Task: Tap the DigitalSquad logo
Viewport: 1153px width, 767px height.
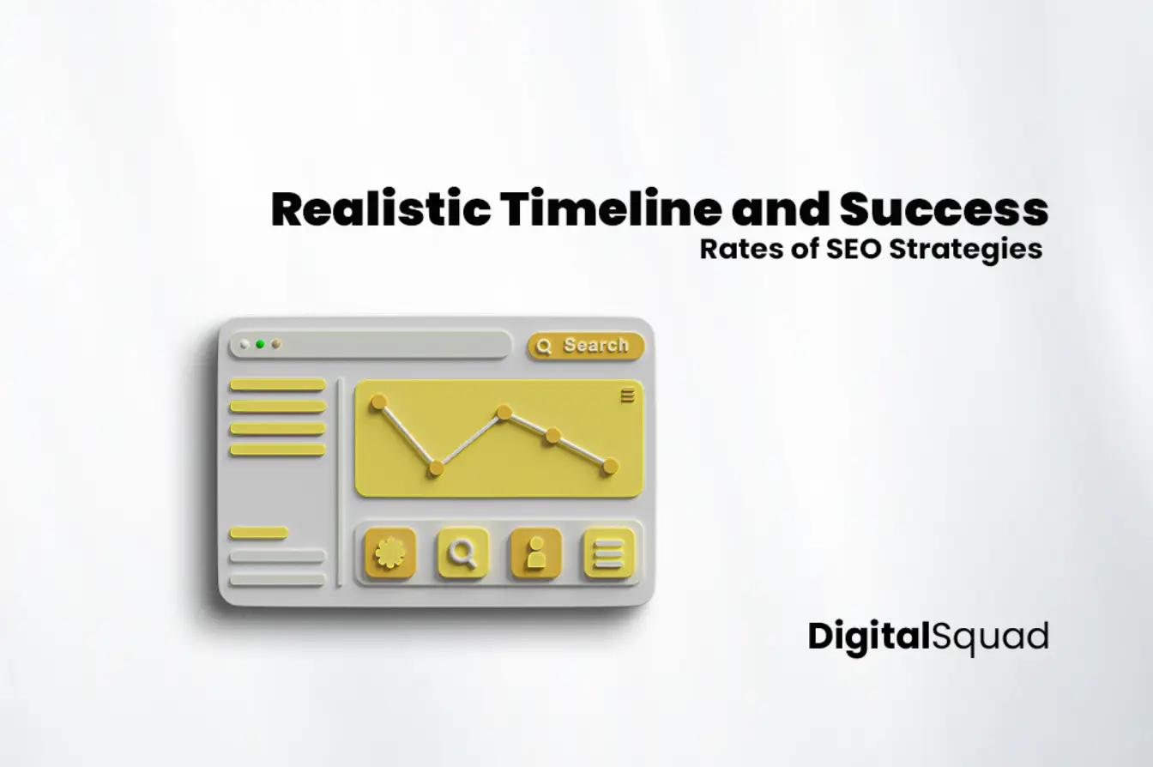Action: pos(928,637)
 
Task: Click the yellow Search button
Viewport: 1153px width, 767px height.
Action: pos(586,346)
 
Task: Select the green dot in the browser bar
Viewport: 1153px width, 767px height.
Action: pos(260,344)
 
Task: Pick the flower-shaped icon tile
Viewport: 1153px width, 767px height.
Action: pos(389,553)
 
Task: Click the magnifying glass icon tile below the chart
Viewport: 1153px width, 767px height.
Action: pos(463,553)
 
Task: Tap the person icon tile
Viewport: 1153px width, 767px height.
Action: pos(536,553)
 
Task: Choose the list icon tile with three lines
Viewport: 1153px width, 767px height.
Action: pos(609,553)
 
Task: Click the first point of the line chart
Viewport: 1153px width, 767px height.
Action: pos(378,402)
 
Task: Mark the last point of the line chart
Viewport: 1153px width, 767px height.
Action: pos(610,466)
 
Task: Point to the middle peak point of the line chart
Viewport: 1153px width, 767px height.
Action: pos(504,413)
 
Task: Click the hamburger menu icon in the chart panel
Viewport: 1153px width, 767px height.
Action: pos(628,395)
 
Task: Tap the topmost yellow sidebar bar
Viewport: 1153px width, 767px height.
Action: pos(277,384)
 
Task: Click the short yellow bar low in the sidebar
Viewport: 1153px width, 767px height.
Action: pos(258,533)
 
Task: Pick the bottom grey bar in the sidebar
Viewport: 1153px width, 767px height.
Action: pos(277,580)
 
